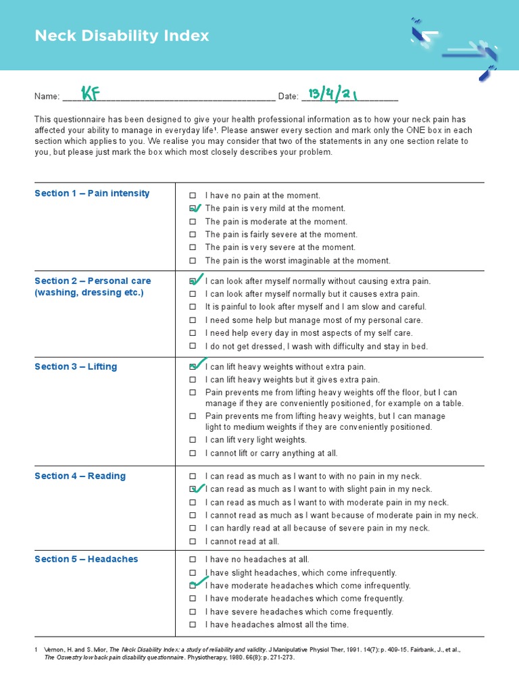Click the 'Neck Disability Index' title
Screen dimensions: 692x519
point(122,36)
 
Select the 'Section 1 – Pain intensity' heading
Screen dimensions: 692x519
point(92,193)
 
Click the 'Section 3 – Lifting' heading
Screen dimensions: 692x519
point(76,367)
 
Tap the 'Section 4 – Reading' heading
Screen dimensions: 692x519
point(80,476)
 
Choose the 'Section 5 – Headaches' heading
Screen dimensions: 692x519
point(86,559)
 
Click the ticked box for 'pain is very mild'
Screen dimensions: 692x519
point(193,209)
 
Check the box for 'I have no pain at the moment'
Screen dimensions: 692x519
point(193,195)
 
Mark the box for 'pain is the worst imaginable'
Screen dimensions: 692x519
point(193,261)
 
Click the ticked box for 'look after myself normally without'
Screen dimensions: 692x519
point(193,281)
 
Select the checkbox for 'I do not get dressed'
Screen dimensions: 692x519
point(193,347)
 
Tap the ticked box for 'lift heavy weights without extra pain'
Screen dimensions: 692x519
point(193,367)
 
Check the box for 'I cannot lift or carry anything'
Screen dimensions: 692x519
point(193,453)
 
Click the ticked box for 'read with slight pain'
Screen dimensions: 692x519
point(193,489)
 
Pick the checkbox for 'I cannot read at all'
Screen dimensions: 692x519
point(193,541)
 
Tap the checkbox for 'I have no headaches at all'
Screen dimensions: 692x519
point(193,560)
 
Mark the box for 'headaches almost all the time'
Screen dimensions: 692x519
point(193,625)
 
